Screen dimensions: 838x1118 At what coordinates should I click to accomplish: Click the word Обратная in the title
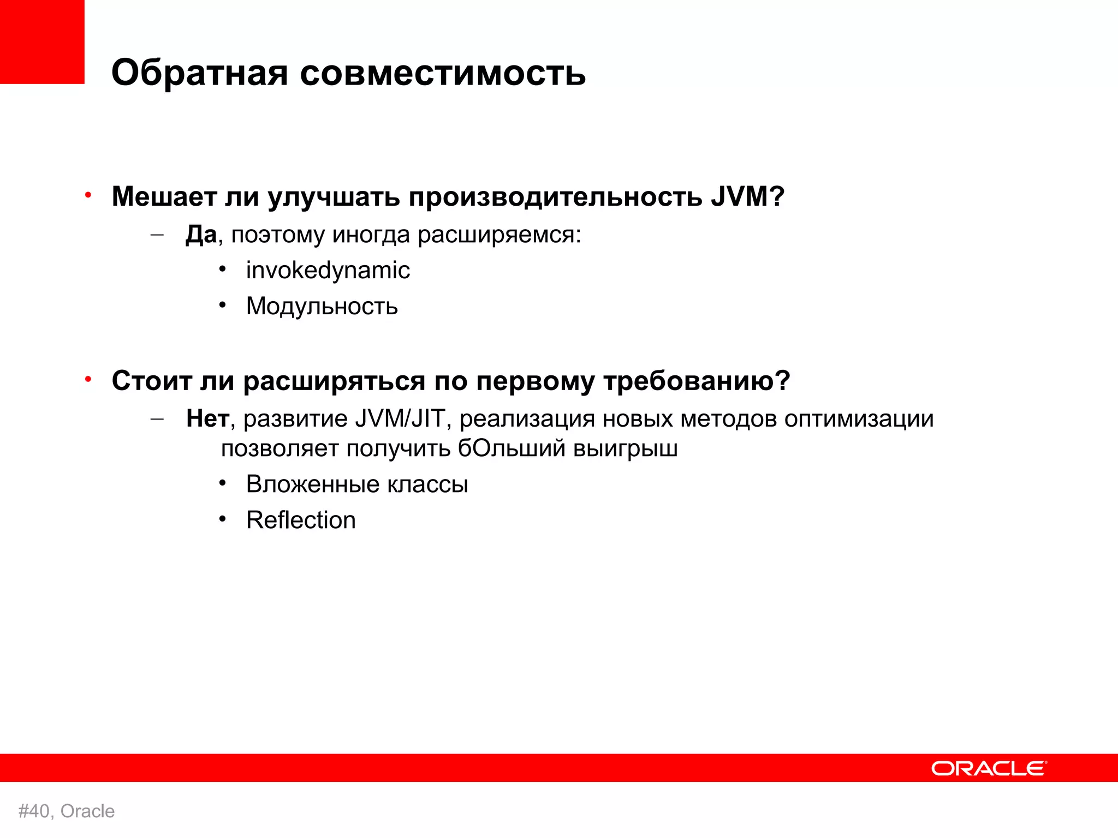click(199, 72)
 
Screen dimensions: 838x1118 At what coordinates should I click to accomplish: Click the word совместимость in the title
click(443, 72)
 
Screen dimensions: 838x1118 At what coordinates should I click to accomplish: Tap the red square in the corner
click(42, 41)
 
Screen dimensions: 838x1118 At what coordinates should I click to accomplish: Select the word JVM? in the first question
click(747, 196)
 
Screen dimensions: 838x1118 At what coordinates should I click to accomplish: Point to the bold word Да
click(200, 235)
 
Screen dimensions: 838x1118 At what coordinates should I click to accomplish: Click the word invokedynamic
click(328, 271)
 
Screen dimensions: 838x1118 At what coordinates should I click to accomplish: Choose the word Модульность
click(322, 306)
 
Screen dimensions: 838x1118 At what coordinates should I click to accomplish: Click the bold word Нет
click(207, 418)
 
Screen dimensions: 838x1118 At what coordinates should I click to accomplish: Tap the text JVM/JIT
click(400, 418)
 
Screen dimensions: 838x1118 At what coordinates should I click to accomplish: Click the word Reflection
click(301, 520)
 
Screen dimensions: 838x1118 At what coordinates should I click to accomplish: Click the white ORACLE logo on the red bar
click(989, 768)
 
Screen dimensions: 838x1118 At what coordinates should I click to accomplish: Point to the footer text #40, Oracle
click(67, 811)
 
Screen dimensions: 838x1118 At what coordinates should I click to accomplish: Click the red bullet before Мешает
click(88, 195)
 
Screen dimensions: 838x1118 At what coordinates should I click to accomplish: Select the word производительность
click(555, 196)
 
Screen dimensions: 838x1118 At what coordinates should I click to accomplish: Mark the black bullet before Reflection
click(222, 519)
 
